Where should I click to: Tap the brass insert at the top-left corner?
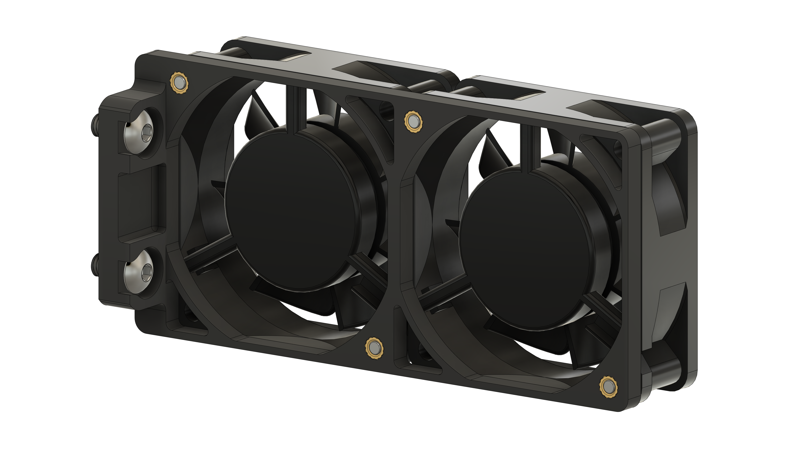179,83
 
